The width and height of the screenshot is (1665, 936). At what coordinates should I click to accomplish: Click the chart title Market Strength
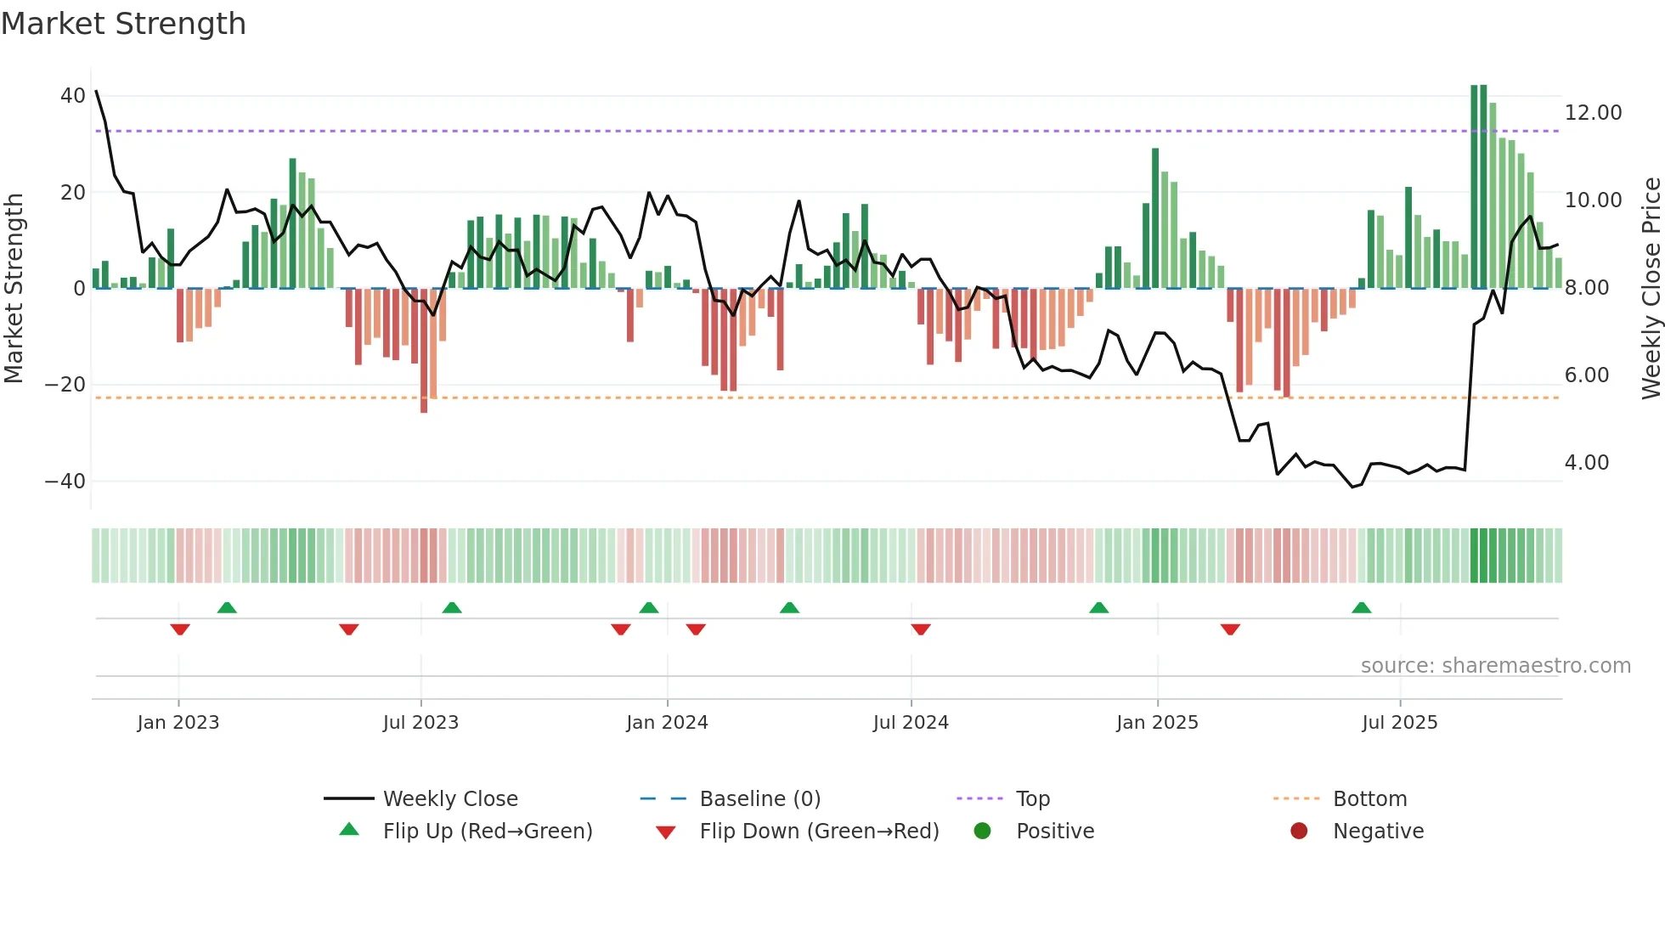pos(123,24)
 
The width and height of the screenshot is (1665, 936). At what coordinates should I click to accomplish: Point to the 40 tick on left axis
pos(72,96)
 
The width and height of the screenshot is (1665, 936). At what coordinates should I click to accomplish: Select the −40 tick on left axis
pos(65,482)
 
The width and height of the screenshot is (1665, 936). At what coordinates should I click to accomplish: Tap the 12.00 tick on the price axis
pos(1593,113)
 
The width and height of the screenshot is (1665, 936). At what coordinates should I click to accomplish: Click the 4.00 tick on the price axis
pos(1586,463)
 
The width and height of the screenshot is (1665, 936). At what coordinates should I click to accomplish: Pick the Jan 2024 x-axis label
pos(667,723)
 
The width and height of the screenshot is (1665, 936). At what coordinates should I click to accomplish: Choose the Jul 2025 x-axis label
pos(1399,723)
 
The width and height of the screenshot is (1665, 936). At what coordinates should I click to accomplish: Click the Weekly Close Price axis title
pos(1651,288)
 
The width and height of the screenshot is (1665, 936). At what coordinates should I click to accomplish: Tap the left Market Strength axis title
pos(14,288)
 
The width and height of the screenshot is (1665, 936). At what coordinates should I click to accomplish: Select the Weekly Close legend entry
pos(449,799)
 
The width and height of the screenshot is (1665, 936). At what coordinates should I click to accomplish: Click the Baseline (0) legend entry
pos(759,799)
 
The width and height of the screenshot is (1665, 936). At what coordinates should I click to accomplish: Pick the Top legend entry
pos(1032,799)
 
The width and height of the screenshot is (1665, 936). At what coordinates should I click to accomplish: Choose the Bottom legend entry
pos(1369,799)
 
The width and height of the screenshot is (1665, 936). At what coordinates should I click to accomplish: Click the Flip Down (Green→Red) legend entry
pos(818,832)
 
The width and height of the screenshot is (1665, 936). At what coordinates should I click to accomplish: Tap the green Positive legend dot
pos(982,832)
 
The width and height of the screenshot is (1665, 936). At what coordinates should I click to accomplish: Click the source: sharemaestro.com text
pos(1495,666)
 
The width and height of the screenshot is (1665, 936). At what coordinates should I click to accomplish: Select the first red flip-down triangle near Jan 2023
pos(180,629)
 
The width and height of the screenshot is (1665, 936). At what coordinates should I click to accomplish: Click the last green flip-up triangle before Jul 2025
pos(1361,607)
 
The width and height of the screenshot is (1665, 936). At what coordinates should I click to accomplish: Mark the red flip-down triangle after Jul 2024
pos(921,629)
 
